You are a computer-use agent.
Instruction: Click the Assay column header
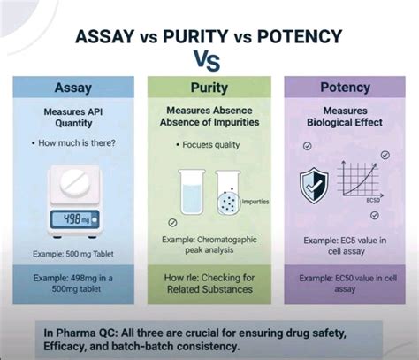coord(72,89)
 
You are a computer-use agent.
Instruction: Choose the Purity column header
coord(209,89)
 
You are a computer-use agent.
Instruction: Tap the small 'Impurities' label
coord(255,201)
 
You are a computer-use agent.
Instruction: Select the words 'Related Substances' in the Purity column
coord(210,289)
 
